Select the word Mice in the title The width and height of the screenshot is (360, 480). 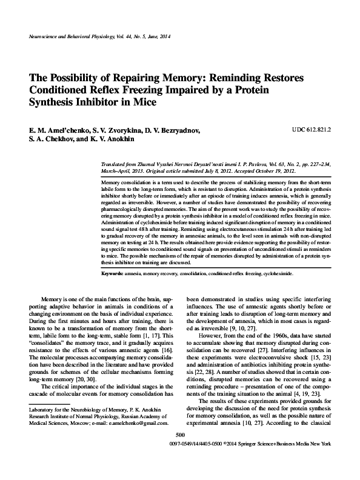coord(144,103)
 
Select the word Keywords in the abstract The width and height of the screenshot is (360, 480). coord(112,274)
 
